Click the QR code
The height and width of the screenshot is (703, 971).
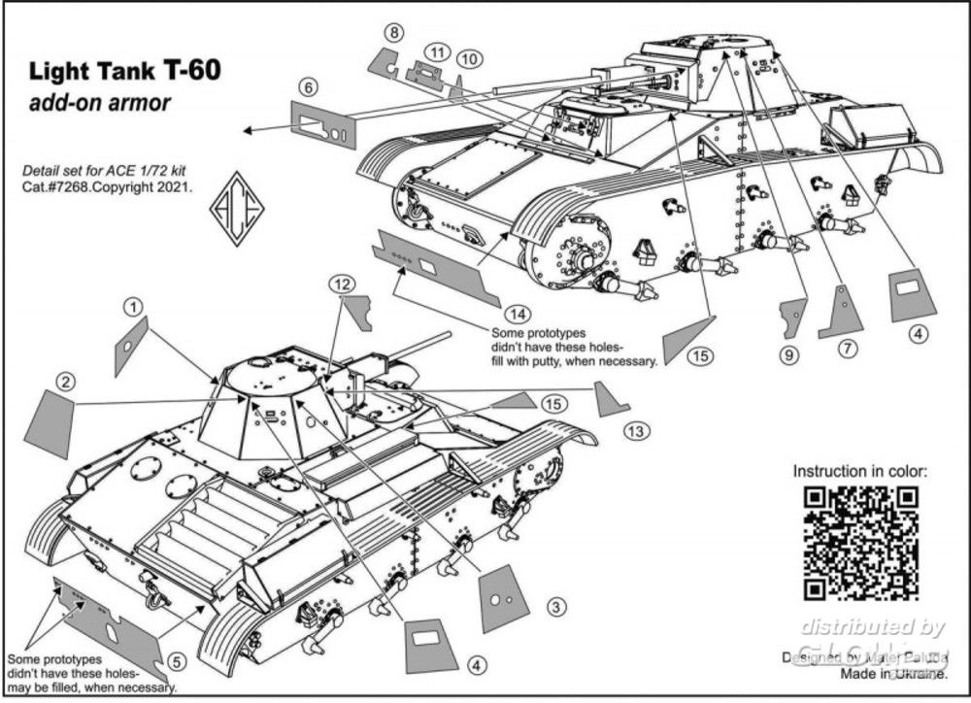[862, 543]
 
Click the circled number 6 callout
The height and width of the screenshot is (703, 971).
[308, 87]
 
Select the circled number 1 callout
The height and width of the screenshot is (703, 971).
[131, 306]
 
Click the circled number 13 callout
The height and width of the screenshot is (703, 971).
[636, 430]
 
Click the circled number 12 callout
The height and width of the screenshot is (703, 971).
[339, 284]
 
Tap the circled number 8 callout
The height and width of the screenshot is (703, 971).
[392, 33]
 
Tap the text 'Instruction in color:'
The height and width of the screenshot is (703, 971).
[859, 471]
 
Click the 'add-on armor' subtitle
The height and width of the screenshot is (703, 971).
[100, 103]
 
